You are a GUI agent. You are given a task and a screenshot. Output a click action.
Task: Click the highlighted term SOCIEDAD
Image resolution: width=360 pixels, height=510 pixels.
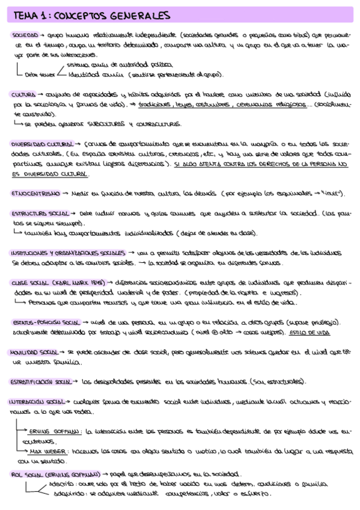(24, 35)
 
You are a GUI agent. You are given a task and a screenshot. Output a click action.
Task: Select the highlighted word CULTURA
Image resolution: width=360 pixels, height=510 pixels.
(22, 94)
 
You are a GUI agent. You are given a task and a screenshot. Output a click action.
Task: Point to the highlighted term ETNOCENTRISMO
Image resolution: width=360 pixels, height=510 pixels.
(35, 194)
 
